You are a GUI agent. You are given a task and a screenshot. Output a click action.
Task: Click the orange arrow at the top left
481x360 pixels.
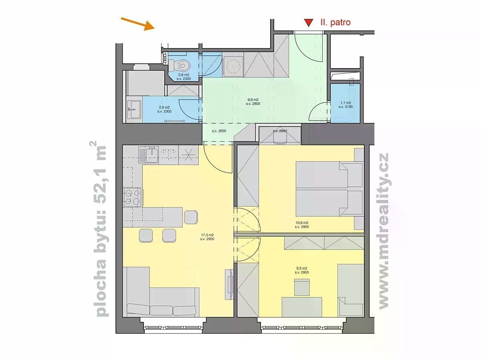(138, 24)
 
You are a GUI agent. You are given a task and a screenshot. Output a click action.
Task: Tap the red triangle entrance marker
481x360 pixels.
(309, 23)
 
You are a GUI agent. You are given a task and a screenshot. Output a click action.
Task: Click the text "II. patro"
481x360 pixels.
(335, 22)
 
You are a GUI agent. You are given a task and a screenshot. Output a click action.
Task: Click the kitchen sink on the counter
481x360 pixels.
(152, 155)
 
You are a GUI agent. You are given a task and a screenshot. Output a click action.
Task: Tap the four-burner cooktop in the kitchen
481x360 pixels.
(132, 197)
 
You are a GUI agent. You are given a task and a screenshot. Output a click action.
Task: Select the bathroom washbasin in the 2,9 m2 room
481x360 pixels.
(134, 109)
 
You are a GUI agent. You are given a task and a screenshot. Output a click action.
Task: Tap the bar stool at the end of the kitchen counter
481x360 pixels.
(191, 217)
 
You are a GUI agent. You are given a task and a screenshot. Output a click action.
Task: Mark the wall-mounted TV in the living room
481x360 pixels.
(229, 284)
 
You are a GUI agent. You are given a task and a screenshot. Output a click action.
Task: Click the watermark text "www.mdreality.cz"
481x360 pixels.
(383, 231)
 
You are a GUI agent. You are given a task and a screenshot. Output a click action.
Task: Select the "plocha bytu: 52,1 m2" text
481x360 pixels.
(100, 229)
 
